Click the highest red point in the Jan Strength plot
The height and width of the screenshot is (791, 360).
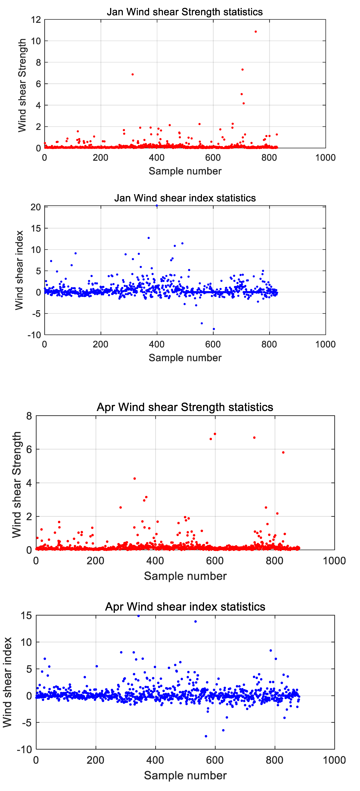(x=256, y=32)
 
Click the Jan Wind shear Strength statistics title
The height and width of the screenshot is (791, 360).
(x=185, y=12)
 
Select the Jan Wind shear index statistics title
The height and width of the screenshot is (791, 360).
(x=185, y=198)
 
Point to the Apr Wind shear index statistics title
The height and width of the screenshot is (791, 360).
(x=185, y=607)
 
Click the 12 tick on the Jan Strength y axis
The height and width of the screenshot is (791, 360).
(x=36, y=20)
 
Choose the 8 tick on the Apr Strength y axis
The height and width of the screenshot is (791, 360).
(x=29, y=416)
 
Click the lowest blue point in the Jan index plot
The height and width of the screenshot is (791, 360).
(x=214, y=329)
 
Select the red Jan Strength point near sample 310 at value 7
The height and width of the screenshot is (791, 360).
(x=132, y=74)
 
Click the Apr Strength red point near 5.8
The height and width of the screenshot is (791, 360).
(x=283, y=452)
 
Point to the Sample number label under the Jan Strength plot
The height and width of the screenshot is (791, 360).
(x=185, y=171)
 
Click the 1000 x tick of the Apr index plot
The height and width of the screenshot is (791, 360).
(x=334, y=760)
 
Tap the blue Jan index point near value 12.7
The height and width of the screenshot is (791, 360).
(x=149, y=238)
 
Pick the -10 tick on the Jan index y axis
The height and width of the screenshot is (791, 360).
(x=34, y=335)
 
